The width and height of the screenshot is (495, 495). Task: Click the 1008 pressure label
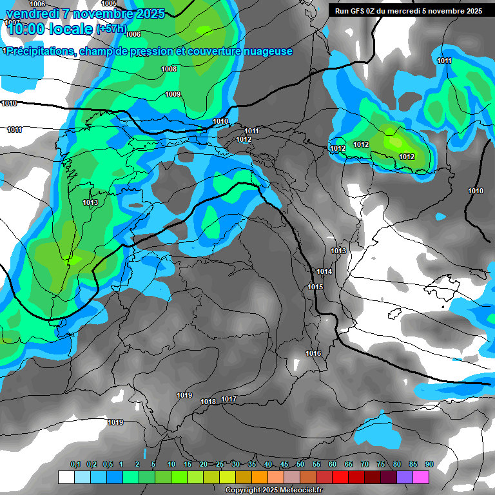tap(169, 69)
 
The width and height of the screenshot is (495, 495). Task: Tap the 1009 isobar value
tap(173, 94)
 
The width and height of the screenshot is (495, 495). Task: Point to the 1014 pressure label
tap(324, 271)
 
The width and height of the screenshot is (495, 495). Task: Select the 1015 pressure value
tap(315, 287)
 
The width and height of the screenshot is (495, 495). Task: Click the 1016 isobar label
tap(313, 353)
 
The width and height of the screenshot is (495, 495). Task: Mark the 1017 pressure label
tap(229, 400)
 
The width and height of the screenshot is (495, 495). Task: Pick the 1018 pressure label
tap(208, 402)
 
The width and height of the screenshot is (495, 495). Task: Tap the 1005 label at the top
tap(110, 3)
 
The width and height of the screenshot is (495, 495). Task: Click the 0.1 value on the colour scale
tap(75, 464)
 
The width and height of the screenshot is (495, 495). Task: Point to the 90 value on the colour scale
tap(429, 464)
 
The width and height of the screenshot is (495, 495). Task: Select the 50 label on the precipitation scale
tap(300, 464)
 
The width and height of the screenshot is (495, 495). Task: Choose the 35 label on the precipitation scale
tap(252, 464)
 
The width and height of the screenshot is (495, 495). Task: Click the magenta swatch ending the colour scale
tap(421, 477)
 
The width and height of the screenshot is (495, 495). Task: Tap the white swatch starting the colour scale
tap(66, 477)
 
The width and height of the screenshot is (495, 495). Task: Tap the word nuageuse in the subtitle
tap(266, 51)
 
